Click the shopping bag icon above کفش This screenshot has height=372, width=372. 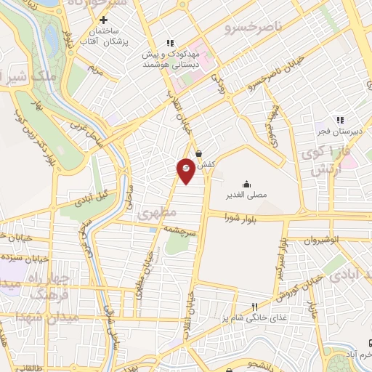click(x=199, y=153)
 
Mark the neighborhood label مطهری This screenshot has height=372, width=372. click(x=156, y=214)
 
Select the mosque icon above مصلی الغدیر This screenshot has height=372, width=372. click(x=247, y=183)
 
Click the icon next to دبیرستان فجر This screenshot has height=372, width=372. click(x=339, y=121)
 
